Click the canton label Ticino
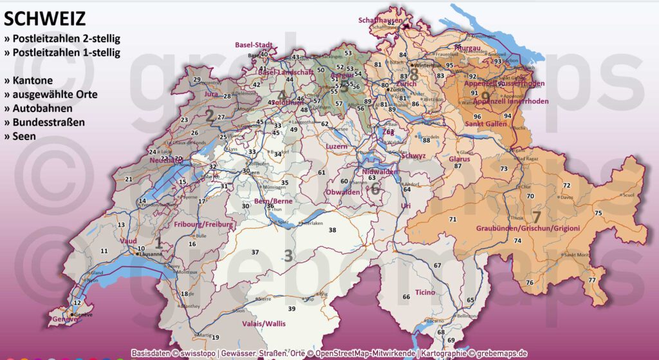coord(424,292)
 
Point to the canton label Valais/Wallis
coord(263,323)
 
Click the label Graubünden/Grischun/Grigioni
coord(528,228)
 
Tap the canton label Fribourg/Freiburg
coord(202,225)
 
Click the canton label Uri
coord(405,205)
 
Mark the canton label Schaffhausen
coord(380,20)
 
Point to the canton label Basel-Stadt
coord(254,45)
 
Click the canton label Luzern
coord(336,146)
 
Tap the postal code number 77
coord(591,280)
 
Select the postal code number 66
coord(406,296)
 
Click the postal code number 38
coord(332,230)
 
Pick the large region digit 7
coord(535,216)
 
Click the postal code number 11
coord(104,251)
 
